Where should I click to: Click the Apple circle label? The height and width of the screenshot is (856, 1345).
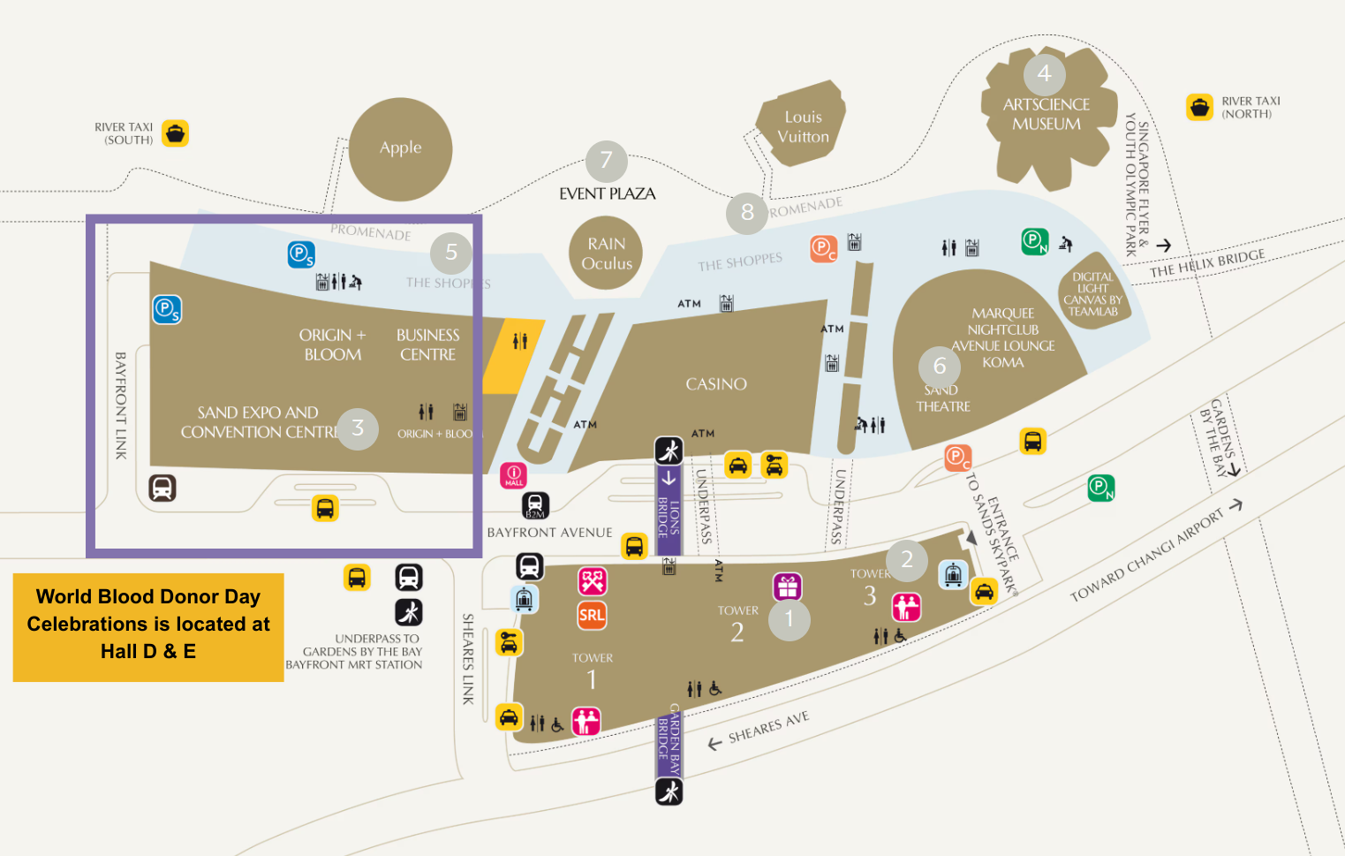pos(400,148)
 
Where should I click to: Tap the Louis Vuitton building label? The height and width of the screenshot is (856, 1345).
pos(803,127)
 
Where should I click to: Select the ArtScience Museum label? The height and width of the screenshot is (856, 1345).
pos(1046,115)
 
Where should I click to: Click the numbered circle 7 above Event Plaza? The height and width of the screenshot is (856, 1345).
pos(606,161)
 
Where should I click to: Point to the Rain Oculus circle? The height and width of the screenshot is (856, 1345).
pos(606,254)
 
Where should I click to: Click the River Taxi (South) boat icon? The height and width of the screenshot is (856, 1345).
pos(176,133)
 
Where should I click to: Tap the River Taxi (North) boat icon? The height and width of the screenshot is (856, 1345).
pos(1199,107)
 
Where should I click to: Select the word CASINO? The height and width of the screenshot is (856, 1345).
pos(716,384)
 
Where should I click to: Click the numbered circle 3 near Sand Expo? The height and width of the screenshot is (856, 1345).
pos(358,428)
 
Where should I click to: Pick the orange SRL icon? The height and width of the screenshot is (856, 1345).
pos(592,616)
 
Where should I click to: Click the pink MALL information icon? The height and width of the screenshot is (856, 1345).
pos(514,475)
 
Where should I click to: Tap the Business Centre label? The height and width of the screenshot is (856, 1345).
pos(427,345)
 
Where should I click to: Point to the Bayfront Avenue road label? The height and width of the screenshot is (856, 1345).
pos(549,533)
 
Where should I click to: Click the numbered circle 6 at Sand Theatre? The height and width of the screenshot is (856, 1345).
pos(940,366)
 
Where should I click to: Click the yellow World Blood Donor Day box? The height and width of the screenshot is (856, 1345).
pos(148,625)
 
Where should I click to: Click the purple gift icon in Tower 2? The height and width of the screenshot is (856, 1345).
pos(788,587)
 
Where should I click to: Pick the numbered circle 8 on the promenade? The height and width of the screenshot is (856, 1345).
pos(747,213)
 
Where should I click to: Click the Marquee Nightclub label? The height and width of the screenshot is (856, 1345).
pos(1003,322)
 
